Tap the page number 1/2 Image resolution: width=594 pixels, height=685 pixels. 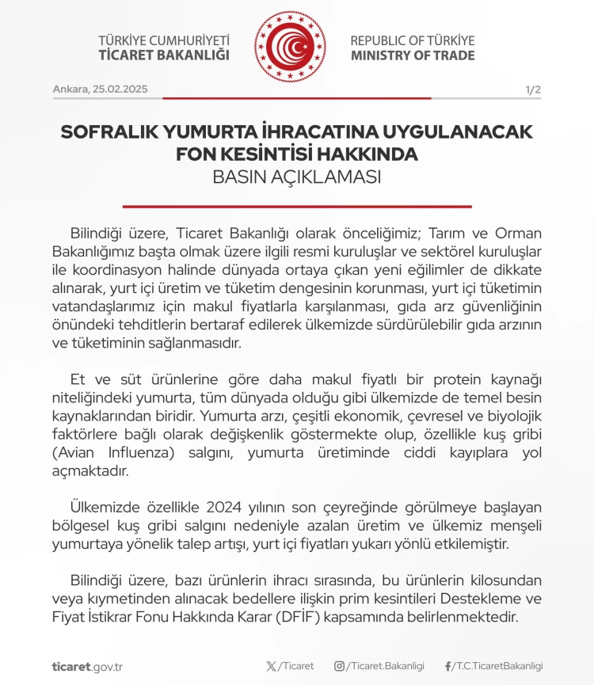tap(532, 89)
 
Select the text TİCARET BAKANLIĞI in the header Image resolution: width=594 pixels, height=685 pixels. tap(163, 55)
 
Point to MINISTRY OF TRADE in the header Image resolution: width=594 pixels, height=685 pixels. tap(413, 55)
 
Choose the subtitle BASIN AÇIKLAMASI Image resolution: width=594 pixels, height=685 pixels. tap(297, 177)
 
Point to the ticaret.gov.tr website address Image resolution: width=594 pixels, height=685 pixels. tap(87, 666)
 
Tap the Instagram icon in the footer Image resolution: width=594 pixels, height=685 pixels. tap(339, 666)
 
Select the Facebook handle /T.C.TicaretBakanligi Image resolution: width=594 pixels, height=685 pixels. tap(497, 666)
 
